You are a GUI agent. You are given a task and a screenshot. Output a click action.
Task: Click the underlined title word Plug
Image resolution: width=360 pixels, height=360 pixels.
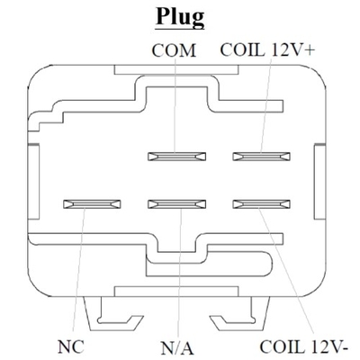tap(180, 18)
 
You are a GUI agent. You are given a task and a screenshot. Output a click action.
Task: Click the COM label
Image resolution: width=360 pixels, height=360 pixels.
tap(174, 50)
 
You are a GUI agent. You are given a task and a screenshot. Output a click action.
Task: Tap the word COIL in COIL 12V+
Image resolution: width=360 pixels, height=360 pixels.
tap(242, 49)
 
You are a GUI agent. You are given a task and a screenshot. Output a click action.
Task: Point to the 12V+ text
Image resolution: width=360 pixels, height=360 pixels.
tap(292, 49)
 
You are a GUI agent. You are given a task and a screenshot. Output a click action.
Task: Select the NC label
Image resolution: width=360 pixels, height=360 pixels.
tap(71, 346)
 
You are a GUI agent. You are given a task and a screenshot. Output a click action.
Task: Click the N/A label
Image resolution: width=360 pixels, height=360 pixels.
tap(177, 348)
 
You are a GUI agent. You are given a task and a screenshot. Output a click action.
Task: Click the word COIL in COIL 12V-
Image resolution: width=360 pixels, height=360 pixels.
tap(282, 346)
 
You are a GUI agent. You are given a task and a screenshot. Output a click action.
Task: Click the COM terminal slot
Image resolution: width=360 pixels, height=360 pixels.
tap(177, 157)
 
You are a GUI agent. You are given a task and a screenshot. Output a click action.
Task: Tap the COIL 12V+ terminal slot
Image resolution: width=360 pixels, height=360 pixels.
tap(262, 157)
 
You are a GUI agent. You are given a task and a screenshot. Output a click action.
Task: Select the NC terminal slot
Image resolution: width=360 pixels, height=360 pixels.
tap(92, 204)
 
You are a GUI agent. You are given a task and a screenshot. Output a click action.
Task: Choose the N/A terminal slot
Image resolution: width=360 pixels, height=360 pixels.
tap(177, 204)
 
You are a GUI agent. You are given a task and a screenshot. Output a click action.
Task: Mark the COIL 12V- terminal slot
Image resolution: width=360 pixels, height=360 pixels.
tap(262, 204)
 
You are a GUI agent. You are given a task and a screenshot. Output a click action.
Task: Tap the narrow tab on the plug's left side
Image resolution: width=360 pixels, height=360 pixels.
tap(33, 182)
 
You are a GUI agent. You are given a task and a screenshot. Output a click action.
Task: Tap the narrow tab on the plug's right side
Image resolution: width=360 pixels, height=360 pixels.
tap(319, 182)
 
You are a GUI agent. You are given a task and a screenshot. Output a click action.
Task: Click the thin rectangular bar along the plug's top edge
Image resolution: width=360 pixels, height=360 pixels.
tap(176, 69)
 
